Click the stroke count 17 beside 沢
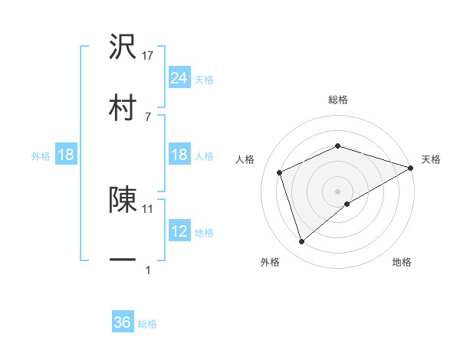149,56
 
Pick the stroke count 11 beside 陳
148,208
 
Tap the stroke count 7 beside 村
147,116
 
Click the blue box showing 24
179,77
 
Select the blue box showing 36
123,322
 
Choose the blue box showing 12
179,231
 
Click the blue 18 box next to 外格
66,155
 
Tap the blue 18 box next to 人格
179,155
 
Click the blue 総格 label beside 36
147,324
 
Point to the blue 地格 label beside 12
204,232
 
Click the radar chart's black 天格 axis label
432,159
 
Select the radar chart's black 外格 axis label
270,262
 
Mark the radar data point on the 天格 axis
411,167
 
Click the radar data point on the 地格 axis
347,204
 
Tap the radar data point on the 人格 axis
281,172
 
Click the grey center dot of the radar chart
337,191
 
